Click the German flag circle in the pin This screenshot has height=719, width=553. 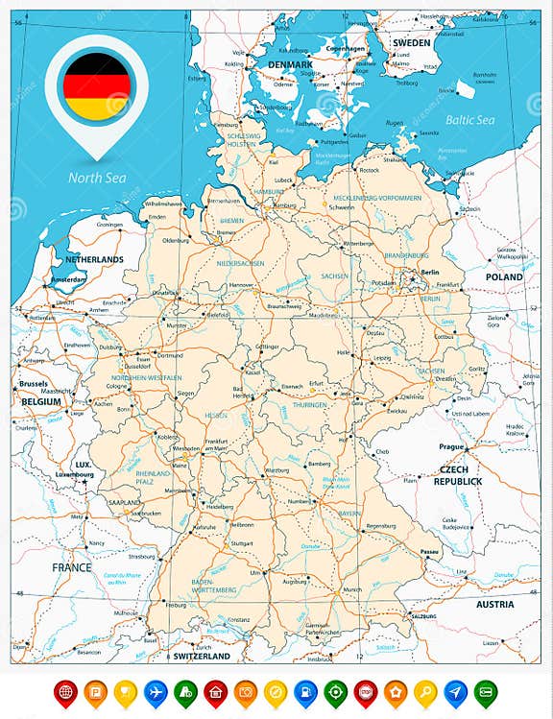[96, 86]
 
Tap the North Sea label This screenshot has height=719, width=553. [96, 176]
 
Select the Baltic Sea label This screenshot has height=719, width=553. [469, 120]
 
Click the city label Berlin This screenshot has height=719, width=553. [428, 272]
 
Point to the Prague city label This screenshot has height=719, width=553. [451, 446]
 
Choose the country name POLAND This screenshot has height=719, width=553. [504, 276]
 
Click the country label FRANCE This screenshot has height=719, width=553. [72, 567]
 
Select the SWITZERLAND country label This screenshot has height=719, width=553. [202, 657]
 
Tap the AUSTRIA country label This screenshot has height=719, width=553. [495, 604]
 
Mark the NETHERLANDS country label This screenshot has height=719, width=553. [94, 259]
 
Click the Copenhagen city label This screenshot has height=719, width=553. [345, 48]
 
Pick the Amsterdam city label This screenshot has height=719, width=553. [68, 279]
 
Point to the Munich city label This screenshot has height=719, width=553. [352, 589]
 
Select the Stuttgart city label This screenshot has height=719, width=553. [242, 542]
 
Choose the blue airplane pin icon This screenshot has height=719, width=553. [155, 690]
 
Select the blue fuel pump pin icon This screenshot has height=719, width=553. [304, 690]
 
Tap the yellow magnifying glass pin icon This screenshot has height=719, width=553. [425, 690]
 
